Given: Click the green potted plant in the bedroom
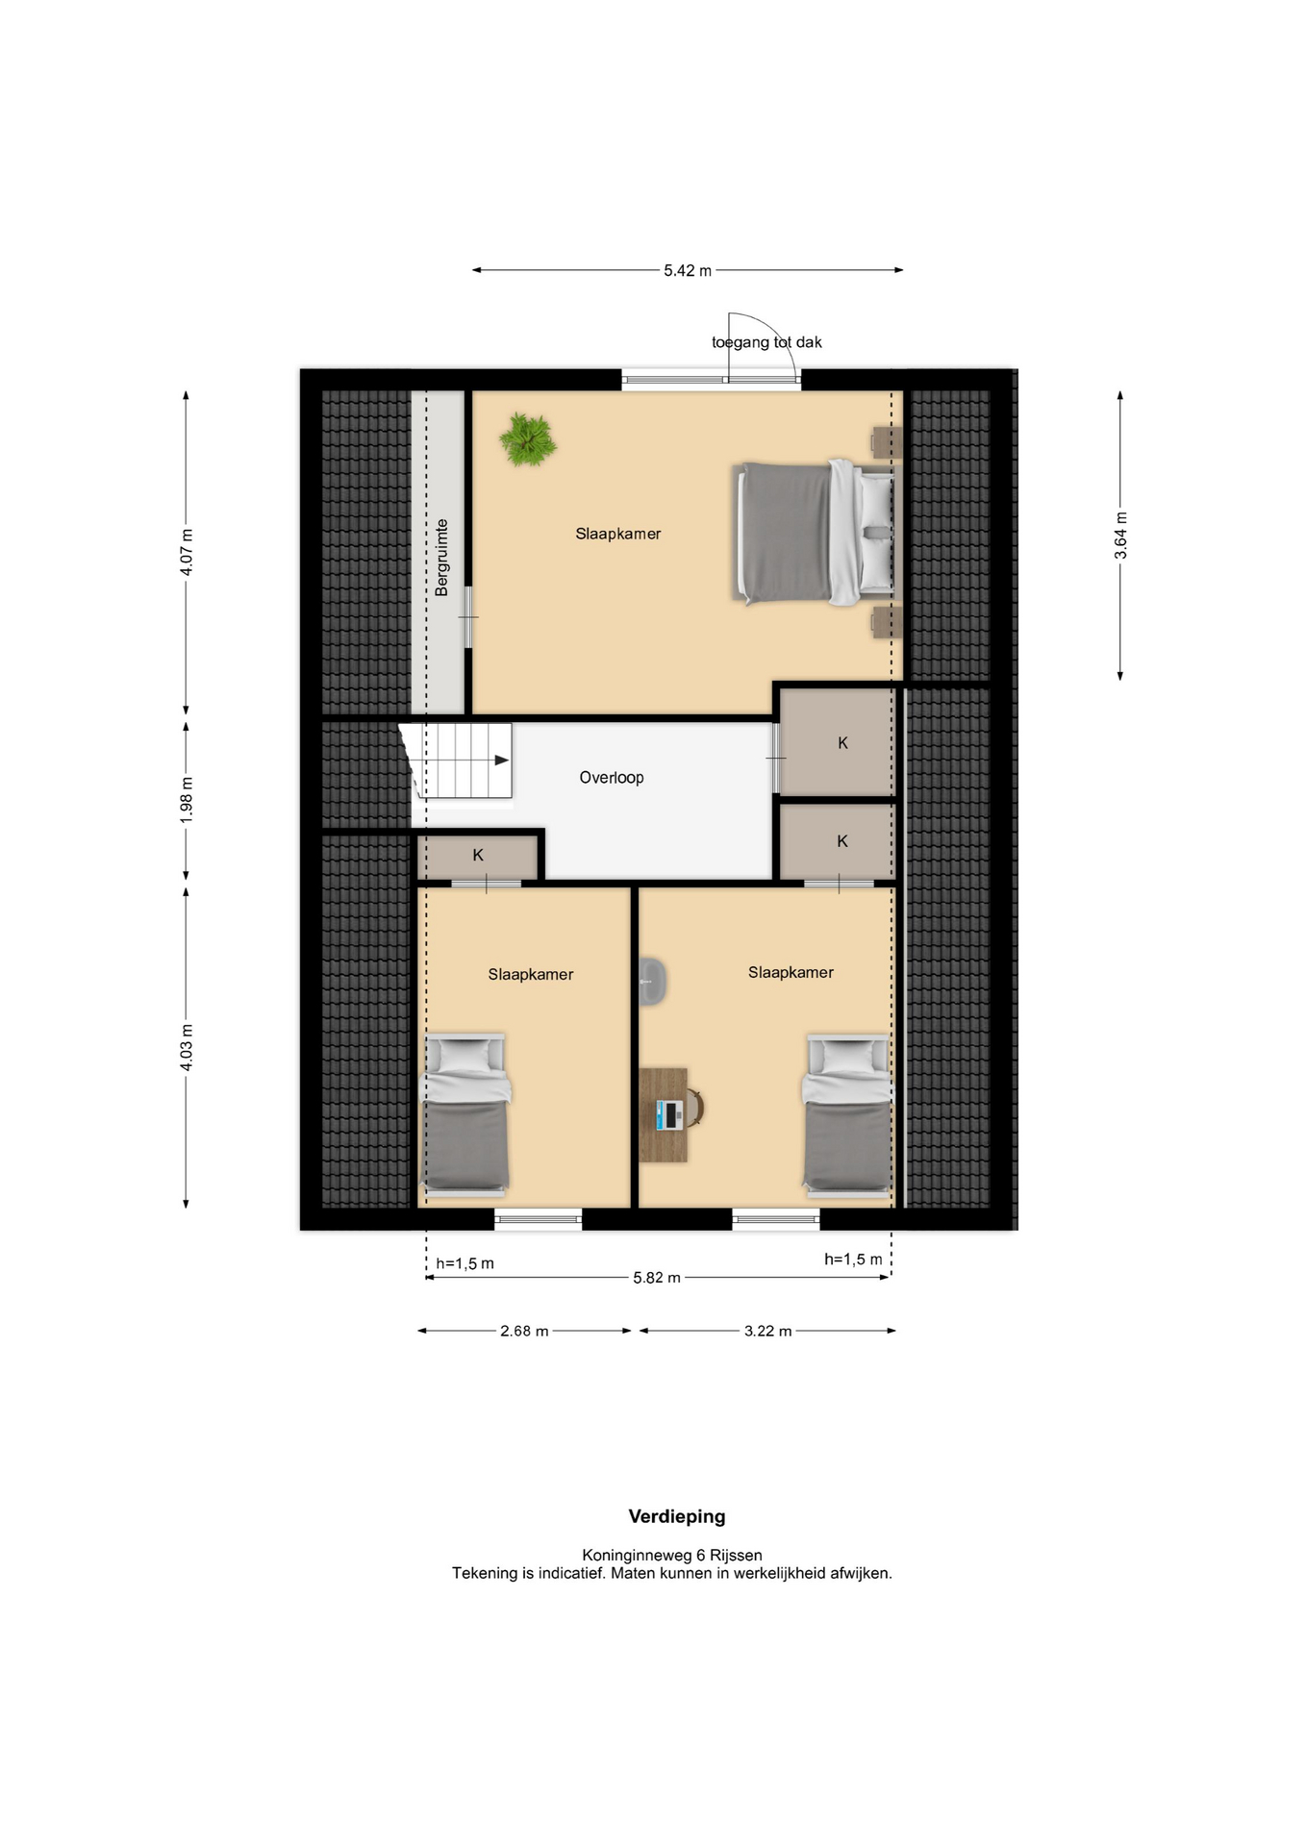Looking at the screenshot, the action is (528, 439).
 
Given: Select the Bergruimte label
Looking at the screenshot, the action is (441, 558).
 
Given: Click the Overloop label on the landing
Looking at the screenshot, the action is (612, 777).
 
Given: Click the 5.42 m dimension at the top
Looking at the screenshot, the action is (688, 271).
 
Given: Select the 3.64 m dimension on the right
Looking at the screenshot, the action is (1120, 535).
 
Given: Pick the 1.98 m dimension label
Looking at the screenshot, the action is (187, 799).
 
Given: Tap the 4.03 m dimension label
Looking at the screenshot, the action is (187, 1047).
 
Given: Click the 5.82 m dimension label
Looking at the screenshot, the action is (657, 1278).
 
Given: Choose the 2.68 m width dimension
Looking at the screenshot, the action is (524, 1331).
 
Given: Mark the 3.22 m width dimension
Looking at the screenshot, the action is (768, 1331).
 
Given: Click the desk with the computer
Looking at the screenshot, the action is (668, 1114).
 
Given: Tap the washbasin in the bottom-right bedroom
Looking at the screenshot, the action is (653, 982).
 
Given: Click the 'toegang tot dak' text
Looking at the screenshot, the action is (766, 342).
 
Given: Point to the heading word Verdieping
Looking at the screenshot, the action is (677, 1516).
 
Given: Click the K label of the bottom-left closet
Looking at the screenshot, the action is (478, 855).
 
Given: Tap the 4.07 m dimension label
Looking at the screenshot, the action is (187, 553).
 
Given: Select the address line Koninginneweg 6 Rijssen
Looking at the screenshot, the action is (672, 1555).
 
